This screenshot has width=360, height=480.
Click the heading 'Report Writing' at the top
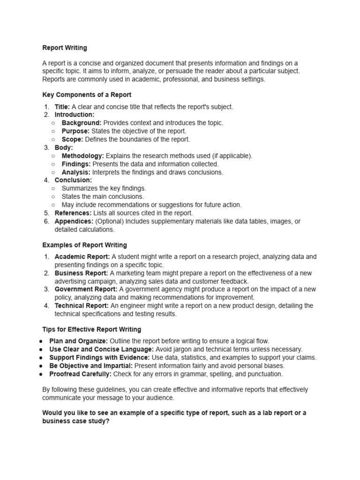pos(65,48)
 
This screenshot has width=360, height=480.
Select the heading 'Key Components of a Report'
pos(87,95)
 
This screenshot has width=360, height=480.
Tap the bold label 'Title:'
pos(62,107)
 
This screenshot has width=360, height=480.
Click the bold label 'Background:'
pos(82,123)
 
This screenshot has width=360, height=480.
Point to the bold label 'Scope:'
pos(72,139)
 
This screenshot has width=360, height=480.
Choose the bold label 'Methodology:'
pos(83,156)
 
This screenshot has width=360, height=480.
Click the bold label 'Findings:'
pos(76,164)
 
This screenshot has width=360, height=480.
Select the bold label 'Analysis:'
pos(76,172)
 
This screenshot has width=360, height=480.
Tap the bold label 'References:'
pos(73,213)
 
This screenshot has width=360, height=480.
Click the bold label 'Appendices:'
pos(74,221)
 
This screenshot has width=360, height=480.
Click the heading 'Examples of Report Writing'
pos(84,245)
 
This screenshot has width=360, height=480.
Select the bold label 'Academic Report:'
pos(82,257)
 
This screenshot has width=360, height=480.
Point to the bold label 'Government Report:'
pos(86,289)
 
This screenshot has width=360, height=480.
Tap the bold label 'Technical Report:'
pos(82,306)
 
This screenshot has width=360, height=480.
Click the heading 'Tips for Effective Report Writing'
pos(91,330)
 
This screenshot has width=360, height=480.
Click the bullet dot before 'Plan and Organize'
pos(41,341)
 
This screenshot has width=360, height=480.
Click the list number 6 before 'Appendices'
pos(46,221)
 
